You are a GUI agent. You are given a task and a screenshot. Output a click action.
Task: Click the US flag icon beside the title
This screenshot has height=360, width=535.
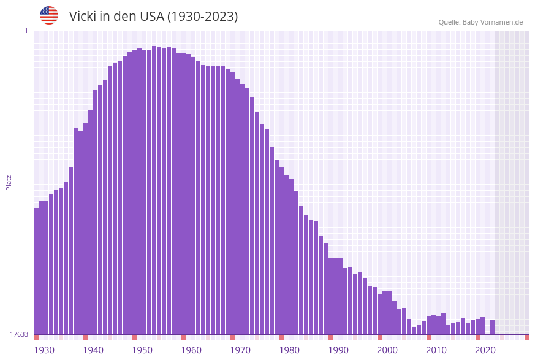point(49,15)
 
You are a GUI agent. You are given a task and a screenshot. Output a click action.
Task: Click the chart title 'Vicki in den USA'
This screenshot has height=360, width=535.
point(153,17)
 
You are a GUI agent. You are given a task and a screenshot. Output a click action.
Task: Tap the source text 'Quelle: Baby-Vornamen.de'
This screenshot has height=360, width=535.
point(480,22)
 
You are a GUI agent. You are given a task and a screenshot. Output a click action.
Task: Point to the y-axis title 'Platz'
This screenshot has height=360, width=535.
point(9,182)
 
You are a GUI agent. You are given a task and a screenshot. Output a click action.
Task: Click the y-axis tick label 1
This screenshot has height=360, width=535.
point(26,31)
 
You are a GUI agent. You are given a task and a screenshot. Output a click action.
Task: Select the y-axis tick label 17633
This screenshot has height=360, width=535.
point(19,334)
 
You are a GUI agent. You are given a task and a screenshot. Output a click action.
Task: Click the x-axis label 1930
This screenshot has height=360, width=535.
point(44,350)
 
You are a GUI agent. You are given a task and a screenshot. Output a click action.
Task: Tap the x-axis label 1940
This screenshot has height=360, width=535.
point(93,350)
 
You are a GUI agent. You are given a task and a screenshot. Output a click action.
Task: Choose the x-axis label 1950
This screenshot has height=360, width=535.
point(142,350)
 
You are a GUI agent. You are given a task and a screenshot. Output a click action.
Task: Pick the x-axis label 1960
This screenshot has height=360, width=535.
point(191,350)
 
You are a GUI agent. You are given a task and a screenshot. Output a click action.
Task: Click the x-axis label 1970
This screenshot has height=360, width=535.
point(240,350)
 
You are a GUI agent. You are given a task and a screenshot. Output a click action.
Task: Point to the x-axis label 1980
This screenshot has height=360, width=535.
point(289,350)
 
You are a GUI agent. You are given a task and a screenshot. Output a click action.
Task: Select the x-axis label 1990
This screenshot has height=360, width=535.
point(338,350)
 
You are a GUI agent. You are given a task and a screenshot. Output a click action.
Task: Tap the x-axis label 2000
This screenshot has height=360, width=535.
point(387,350)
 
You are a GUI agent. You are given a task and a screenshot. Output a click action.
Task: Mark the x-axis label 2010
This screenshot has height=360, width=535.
point(436,350)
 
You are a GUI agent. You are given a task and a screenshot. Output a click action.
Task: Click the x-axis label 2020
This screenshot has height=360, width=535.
point(485,350)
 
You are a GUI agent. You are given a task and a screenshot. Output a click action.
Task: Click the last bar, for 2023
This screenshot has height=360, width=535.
point(492,327)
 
